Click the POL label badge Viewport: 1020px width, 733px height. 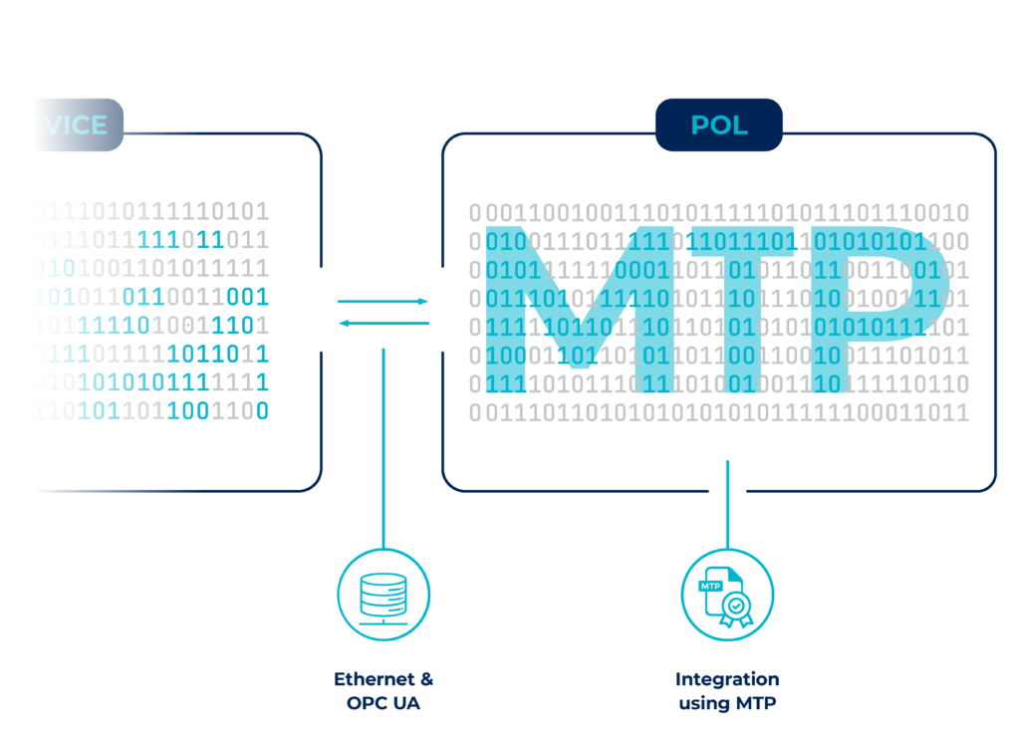pyautogui.click(x=718, y=125)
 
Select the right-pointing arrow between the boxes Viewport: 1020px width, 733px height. pyautogui.click(x=382, y=300)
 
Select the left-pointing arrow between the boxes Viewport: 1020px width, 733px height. pyautogui.click(x=382, y=323)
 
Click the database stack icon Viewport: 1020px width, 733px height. pyautogui.click(x=383, y=595)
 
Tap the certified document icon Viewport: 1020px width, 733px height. pyautogui.click(x=726, y=595)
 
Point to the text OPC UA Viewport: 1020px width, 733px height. pyautogui.click(x=383, y=703)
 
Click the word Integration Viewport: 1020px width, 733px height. pyautogui.click(x=727, y=679)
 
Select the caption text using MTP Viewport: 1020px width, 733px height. pyautogui.click(x=727, y=703)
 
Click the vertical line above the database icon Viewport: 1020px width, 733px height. pyautogui.click(x=383, y=448)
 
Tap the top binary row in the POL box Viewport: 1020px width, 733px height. pyautogui.click(x=718, y=212)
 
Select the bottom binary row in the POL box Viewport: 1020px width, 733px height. pyautogui.click(x=718, y=412)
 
